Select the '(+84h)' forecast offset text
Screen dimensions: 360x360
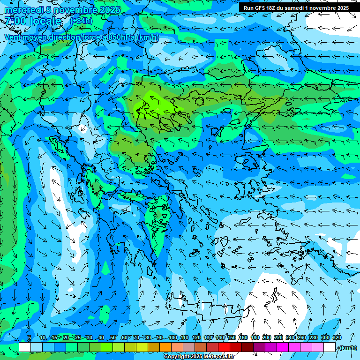(x=81, y=21)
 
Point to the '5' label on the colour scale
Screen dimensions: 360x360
(x=30, y=337)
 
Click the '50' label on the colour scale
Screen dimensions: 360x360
(x=112, y=337)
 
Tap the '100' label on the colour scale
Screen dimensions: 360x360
(x=172, y=337)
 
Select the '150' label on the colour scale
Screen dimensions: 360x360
(x=232, y=337)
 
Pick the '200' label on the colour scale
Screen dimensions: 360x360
(x=267, y=337)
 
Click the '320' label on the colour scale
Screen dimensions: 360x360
(x=337, y=337)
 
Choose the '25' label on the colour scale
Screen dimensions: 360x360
(x=77, y=337)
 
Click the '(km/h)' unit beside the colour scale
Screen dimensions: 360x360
(x=347, y=348)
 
